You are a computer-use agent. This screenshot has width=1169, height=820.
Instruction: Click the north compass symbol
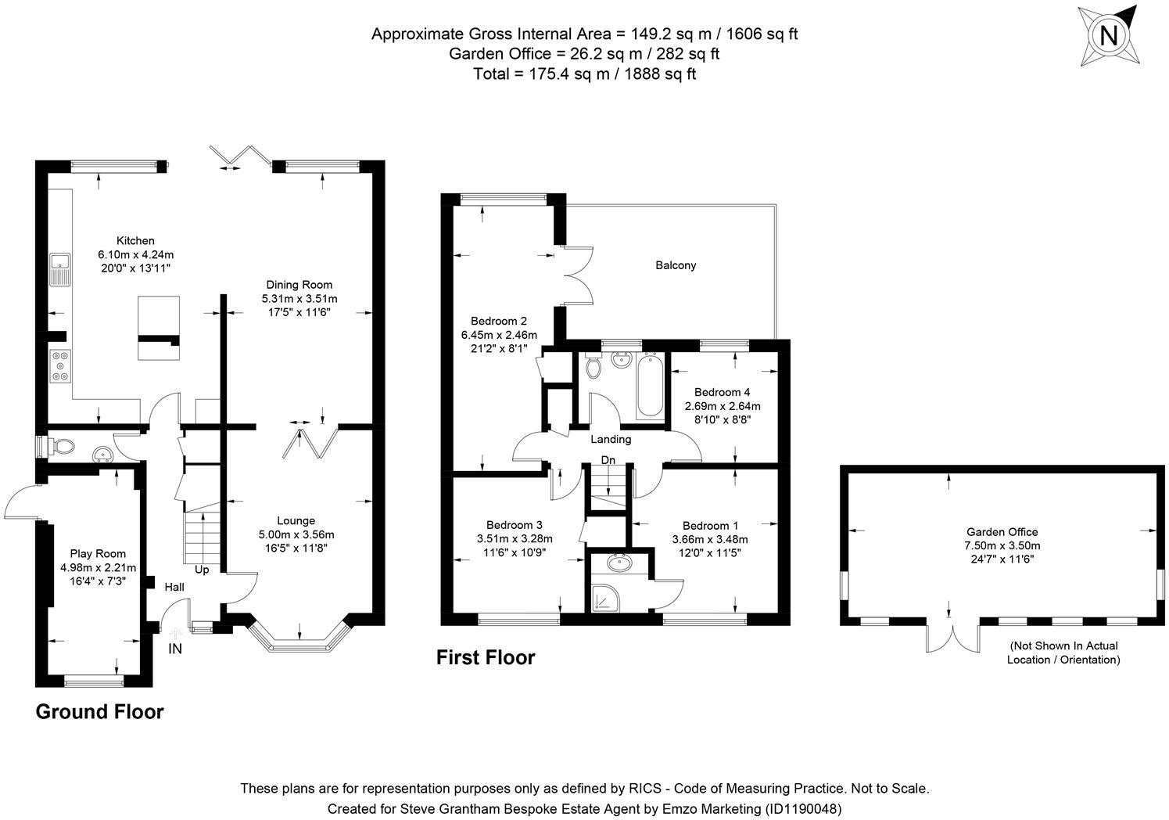click(x=1108, y=34)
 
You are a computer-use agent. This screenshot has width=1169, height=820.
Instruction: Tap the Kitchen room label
click(x=135, y=240)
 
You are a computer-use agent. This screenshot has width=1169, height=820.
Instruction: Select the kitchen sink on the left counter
click(x=59, y=270)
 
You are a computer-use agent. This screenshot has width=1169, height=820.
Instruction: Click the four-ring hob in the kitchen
click(x=60, y=366)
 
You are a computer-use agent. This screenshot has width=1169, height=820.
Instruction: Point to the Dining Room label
click(x=299, y=285)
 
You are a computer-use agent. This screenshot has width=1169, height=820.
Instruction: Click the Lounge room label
click(x=296, y=520)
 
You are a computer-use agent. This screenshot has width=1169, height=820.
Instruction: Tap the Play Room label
click(x=98, y=554)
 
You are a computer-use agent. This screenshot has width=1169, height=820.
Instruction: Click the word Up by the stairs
click(x=202, y=570)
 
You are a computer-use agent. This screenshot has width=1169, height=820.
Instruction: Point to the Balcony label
click(x=676, y=265)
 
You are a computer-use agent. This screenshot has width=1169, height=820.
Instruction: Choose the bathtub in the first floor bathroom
click(x=649, y=387)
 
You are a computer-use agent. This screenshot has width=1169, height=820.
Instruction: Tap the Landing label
click(x=611, y=439)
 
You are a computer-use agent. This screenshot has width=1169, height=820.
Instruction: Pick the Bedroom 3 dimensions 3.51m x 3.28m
click(x=515, y=538)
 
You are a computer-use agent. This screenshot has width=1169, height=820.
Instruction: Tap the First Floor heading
click(x=485, y=657)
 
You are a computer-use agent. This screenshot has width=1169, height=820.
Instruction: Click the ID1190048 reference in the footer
click(x=803, y=808)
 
